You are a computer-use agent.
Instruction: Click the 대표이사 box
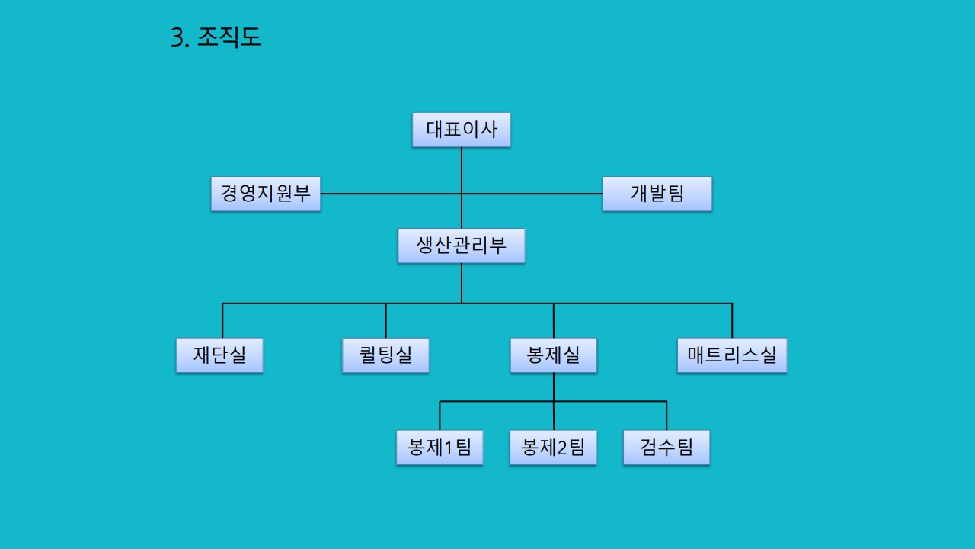pyautogui.click(x=461, y=130)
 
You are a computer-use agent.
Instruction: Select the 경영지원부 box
pyautogui.click(x=266, y=194)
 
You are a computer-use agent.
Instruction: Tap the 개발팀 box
pyautogui.click(x=657, y=194)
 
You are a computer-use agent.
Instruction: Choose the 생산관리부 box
pyautogui.click(x=461, y=246)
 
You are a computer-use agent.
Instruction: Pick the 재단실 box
pyautogui.click(x=219, y=355)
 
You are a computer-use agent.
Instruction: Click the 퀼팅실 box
pyautogui.click(x=385, y=355)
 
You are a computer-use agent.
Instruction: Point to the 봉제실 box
pyautogui.click(x=553, y=355)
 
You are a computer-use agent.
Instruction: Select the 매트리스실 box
pyautogui.click(x=731, y=355)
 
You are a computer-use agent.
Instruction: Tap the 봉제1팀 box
pyautogui.click(x=440, y=448)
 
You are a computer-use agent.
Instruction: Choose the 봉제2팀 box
pyautogui.click(x=553, y=448)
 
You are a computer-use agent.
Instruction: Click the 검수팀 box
pyautogui.click(x=667, y=448)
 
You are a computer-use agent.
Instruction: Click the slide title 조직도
pyautogui.click(x=229, y=37)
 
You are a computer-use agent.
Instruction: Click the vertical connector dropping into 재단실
pyautogui.click(x=222, y=320)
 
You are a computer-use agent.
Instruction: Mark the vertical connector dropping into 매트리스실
pyautogui.click(x=732, y=320)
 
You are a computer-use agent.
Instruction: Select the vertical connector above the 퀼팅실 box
pyautogui.click(x=385, y=320)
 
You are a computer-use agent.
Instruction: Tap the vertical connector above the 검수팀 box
pyautogui.click(x=667, y=416)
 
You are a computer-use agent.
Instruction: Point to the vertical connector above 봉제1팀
pyautogui.click(x=440, y=416)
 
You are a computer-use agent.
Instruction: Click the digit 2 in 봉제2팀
pyautogui.click(x=562, y=448)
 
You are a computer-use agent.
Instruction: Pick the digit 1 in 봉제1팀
pyautogui.click(x=449, y=448)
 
